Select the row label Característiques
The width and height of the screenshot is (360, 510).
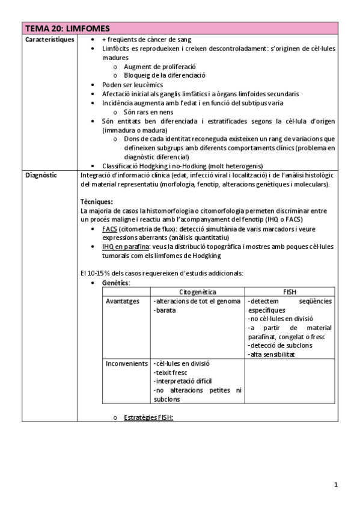click(x=50, y=39)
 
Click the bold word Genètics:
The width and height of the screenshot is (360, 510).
click(x=116, y=282)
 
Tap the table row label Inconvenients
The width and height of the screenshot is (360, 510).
click(x=127, y=364)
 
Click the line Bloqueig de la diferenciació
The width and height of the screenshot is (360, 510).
click(x=164, y=76)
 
